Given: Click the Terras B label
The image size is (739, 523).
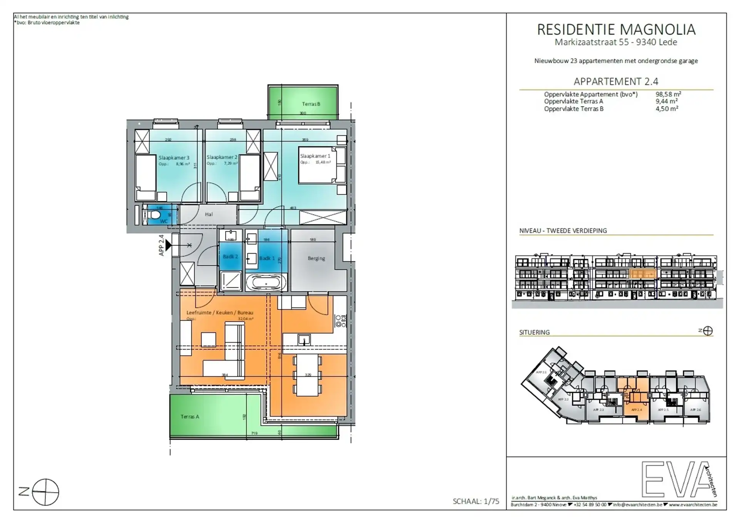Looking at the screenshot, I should [x=311, y=104].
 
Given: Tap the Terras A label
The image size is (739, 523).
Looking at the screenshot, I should [x=190, y=416].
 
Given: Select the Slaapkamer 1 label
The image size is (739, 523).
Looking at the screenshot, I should [x=315, y=156].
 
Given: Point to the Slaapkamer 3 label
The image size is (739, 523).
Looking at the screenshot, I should [x=174, y=157].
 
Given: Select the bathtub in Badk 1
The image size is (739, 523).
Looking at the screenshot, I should [x=266, y=283].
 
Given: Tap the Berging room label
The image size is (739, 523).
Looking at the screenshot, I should [x=316, y=258].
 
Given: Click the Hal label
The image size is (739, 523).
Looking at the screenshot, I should [x=209, y=214].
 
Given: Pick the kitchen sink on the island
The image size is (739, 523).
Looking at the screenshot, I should [x=304, y=340].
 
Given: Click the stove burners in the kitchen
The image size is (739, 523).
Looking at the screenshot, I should [x=341, y=321].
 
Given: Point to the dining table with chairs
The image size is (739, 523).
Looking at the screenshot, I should [x=308, y=375].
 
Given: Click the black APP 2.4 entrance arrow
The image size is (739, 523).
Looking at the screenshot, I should [x=168, y=244].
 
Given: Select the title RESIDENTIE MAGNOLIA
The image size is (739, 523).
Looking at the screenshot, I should [x=616, y=30].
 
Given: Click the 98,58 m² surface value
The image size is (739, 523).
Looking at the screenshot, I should [x=668, y=94].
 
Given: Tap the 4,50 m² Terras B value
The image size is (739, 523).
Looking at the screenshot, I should [x=667, y=109].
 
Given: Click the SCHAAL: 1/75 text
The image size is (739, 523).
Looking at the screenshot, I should [x=476, y=501].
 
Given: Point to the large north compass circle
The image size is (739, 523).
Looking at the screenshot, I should [x=45, y=492].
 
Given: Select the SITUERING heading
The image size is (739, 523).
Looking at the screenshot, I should [x=534, y=332].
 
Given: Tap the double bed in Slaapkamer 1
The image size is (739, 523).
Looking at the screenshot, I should [x=317, y=165].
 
